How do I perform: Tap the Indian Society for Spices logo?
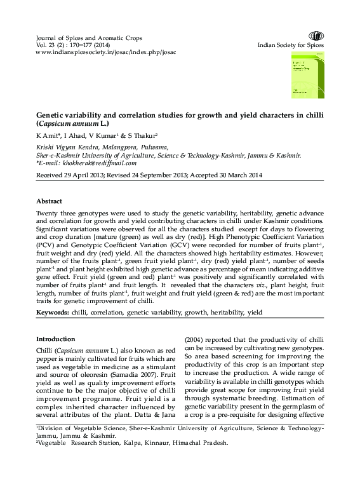pyautogui.click(x=316, y=36)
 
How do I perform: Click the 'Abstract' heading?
pyautogui.click(x=49, y=200)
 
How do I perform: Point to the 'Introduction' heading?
pyautogui.click(x=55, y=339)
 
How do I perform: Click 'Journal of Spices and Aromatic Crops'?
pyautogui.click(x=89, y=38)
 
